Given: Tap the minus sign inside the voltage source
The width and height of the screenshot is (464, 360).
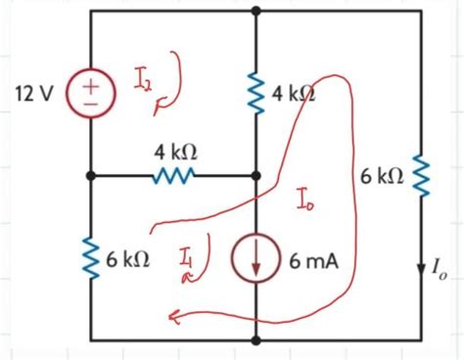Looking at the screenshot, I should coord(90,106).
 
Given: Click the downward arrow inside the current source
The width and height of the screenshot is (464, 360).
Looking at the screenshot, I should coord(255,262).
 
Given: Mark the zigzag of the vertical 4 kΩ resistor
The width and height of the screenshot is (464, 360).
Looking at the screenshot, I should coord(255,95).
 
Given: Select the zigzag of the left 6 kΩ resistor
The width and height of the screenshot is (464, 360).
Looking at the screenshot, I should coord(90,259).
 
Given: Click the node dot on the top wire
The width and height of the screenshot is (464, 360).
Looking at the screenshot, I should coord(255,11).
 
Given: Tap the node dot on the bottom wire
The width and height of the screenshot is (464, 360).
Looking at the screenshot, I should coord(255,341).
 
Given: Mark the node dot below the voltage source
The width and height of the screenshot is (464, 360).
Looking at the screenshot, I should coord(90,176).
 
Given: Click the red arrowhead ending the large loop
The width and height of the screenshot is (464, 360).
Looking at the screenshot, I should coord(172,315).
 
